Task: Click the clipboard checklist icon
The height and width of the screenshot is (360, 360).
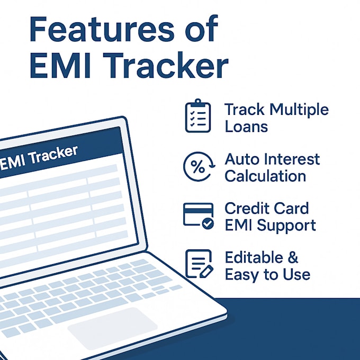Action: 197,116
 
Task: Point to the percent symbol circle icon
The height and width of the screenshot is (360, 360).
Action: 198,167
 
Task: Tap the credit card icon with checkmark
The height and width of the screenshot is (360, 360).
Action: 198,216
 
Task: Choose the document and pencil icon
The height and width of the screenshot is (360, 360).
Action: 198,264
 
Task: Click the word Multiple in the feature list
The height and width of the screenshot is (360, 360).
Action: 299,110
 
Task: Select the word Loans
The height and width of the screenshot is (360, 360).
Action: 246,127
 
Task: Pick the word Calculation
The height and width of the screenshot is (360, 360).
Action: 265,176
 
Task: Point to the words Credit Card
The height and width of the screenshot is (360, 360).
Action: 266,208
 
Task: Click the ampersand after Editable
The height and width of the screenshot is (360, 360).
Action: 293,258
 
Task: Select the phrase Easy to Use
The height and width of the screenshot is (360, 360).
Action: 267,274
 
